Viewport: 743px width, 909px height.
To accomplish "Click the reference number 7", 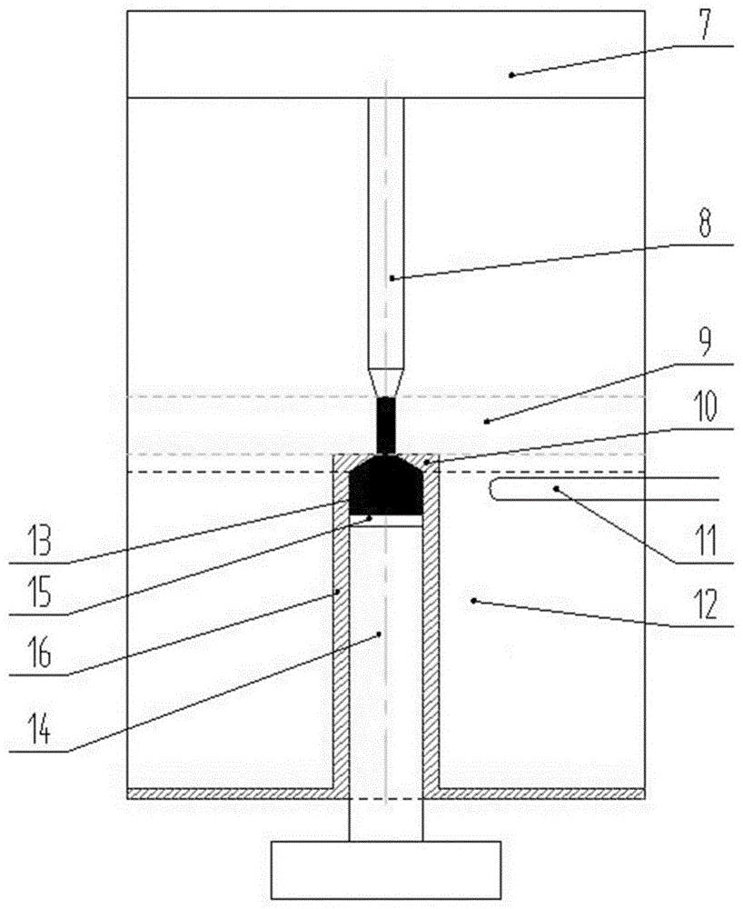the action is click(x=705, y=24).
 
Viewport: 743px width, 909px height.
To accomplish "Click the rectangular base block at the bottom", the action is click(x=386, y=870).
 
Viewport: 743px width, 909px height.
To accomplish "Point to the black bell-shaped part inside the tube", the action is click(x=386, y=485).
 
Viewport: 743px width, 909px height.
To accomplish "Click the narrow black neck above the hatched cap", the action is click(x=386, y=425).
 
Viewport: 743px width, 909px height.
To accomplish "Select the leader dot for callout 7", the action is click(x=510, y=75).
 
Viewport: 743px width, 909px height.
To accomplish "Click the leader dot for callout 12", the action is click(x=473, y=601).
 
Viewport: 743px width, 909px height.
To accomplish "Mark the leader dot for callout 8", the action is click(x=391, y=278).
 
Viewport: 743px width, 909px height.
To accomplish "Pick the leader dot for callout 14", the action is click(x=379, y=634).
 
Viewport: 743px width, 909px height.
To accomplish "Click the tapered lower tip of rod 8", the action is click(x=386, y=383).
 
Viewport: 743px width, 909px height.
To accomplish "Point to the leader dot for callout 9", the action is click(x=486, y=422).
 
